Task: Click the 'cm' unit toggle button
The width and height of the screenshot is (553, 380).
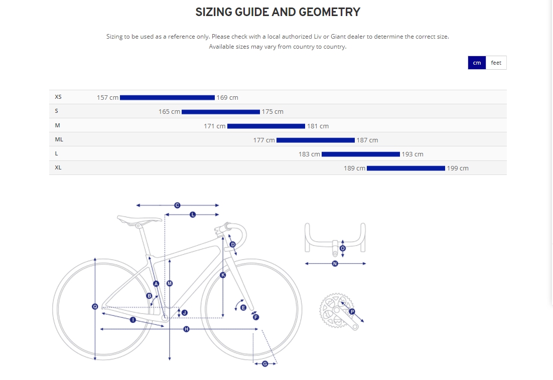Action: click(477, 63)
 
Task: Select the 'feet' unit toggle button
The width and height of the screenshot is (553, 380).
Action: click(496, 63)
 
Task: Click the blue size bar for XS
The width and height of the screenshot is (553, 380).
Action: click(167, 97)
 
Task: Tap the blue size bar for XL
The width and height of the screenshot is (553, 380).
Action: click(405, 168)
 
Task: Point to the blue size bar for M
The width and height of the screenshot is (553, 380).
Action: click(266, 126)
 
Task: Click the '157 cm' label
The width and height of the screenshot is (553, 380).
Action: click(107, 97)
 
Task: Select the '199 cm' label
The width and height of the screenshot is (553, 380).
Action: click(458, 168)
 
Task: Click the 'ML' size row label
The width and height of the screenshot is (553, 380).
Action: click(59, 140)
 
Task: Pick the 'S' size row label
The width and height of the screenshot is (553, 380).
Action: click(57, 111)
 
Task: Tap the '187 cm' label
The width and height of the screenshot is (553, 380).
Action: click(367, 140)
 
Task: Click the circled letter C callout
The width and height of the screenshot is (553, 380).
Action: click(177, 205)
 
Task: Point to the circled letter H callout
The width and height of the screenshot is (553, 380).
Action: click(186, 329)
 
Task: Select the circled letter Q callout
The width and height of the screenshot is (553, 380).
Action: click(95, 306)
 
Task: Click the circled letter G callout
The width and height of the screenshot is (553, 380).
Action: click(265, 363)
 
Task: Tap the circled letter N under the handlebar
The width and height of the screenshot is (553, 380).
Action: click(335, 263)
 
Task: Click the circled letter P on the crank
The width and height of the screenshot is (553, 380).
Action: click(352, 311)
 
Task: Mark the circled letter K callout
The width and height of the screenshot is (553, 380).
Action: click(223, 275)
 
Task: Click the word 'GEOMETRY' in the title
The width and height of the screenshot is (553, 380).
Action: click(329, 12)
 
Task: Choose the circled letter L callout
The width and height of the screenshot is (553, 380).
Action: click(192, 214)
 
